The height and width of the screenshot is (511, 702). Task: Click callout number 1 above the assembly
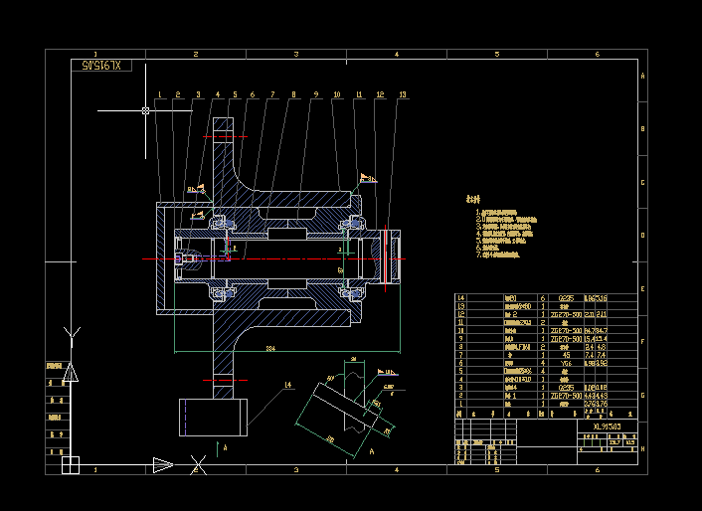point(158,95)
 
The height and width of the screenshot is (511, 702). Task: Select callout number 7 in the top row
point(272,95)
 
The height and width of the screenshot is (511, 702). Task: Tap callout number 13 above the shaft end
point(402,95)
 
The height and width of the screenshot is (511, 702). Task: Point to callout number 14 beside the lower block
point(289,385)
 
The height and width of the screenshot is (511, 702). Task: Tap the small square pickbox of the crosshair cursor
point(145,111)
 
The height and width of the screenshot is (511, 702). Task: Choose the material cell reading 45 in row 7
point(565,354)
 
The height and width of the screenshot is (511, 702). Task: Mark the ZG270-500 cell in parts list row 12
point(568,312)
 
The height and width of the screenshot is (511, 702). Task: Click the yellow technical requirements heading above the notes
point(474,199)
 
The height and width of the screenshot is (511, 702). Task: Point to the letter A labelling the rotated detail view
point(371,451)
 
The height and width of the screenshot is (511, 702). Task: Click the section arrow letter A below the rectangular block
point(226,448)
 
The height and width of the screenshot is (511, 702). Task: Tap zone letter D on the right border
point(642,237)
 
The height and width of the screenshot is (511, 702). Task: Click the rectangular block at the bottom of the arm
point(212,417)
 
